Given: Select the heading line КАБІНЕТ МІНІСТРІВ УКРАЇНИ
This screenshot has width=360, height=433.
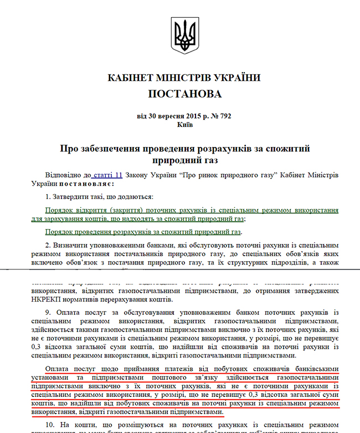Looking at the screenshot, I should (x=184, y=78).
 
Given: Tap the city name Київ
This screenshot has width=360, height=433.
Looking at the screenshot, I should (x=184, y=125).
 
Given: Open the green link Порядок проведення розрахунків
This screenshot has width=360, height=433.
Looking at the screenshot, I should (x=144, y=232).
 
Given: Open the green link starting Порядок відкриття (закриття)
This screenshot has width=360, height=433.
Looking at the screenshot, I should (x=192, y=211).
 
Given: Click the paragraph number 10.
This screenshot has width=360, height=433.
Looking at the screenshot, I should (x=50, y=425).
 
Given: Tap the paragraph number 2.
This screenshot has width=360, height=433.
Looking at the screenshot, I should (x=49, y=244).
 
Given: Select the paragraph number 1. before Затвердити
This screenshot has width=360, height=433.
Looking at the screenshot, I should (x=49, y=197).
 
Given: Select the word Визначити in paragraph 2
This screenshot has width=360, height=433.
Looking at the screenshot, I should (x=71, y=244).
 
